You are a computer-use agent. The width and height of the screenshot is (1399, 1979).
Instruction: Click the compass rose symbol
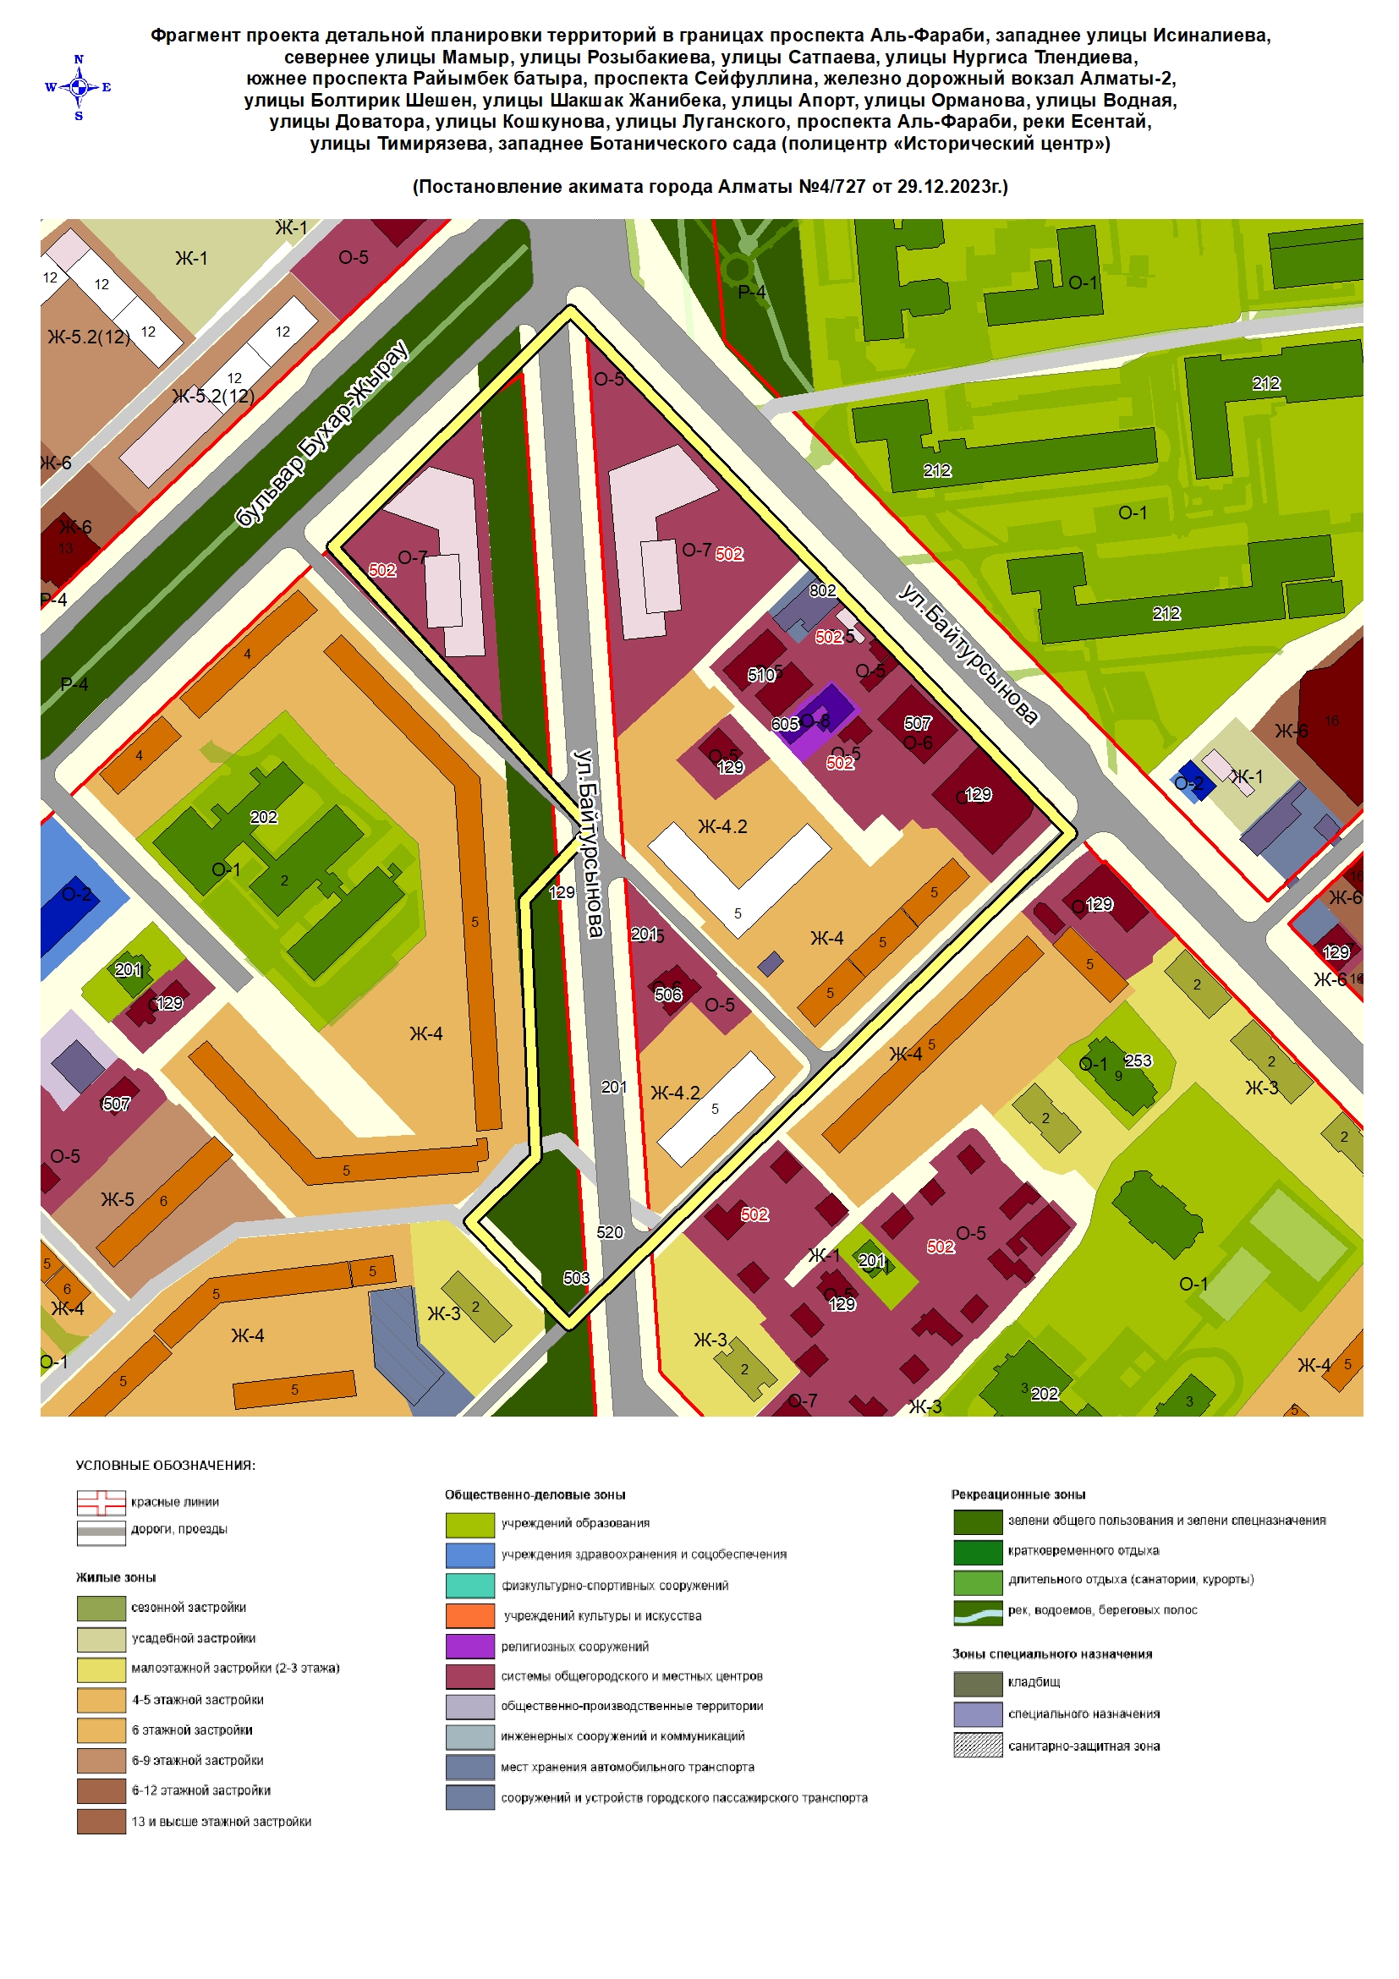click(x=79, y=87)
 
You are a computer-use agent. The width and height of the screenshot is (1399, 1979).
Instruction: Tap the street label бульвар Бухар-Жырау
click(x=321, y=435)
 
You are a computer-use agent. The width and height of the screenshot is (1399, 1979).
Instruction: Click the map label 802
click(x=822, y=590)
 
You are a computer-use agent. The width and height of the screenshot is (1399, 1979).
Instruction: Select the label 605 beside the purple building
click(x=784, y=724)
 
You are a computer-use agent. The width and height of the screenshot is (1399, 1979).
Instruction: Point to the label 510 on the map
click(x=761, y=675)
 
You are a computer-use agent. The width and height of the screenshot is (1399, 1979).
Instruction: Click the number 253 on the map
click(x=1138, y=1061)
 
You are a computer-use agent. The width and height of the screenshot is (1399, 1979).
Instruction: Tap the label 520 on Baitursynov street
click(x=610, y=1231)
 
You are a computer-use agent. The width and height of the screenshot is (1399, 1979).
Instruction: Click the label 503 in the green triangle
click(x=576, y=1277)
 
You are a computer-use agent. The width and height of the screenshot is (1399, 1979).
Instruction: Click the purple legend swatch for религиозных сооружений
click(x=469, y=1646)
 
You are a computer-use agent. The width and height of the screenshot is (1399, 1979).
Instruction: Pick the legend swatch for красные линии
click(x=101, y=1502)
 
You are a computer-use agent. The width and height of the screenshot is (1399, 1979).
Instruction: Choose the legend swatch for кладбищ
click(x=978, y=1682)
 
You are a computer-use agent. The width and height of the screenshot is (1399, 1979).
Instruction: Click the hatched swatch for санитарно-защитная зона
click(x=978, y=1746)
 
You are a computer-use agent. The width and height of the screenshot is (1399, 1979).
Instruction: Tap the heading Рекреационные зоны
click(x=1018, y=1494)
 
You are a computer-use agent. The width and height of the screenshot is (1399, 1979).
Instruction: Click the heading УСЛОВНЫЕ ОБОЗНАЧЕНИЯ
click(x=166, y=1466)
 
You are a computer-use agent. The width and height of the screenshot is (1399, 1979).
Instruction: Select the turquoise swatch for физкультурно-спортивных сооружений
click(x=469, y=1585)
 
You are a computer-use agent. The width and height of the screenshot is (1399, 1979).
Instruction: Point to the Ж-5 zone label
click(x=118, y=1199)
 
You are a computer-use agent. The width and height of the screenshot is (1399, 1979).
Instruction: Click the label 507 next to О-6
click(x=917, y=723)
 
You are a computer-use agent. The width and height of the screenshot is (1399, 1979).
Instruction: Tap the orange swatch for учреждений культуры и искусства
click(x=469, y=1615)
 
